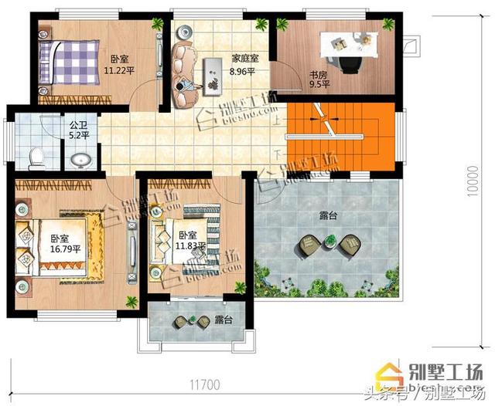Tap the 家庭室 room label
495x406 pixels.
(x=245, y=58)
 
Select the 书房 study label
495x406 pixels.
(x=319, y=76)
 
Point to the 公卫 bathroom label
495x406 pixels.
(x=78, y=123)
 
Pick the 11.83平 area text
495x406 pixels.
(x=189, y=246)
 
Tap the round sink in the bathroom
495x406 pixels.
(x=80, y=160)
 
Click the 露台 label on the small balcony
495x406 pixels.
(x=224, y=319)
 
